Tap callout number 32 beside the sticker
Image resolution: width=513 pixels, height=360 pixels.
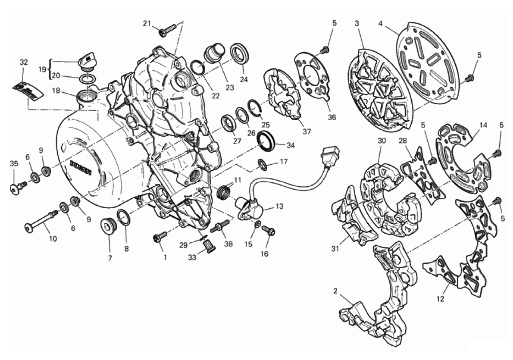tap(24, 62)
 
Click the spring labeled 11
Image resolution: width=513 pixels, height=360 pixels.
tap(224, 190)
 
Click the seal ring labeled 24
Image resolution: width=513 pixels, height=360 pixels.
tap(240, 53)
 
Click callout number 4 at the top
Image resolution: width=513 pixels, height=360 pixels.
tap(380, 23)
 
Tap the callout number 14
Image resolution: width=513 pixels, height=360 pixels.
tap(483, 125)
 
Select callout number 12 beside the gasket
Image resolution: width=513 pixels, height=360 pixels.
tap(441, 298)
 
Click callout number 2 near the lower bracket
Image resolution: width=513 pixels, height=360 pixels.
tap(335, 291)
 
